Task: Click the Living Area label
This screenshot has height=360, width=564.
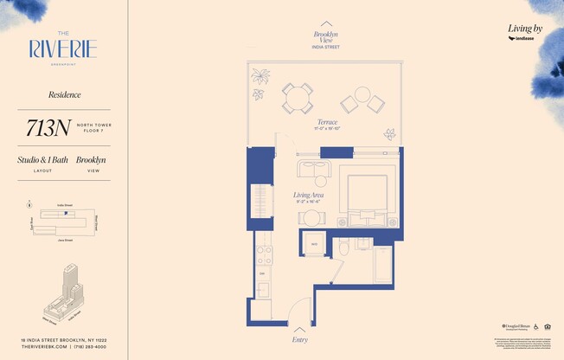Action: [x=309, y=196]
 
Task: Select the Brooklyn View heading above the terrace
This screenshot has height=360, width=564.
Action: [x=326, y=36]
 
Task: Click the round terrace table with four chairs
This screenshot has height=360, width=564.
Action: [x=298, y=98]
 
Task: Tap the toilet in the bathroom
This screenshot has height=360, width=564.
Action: [x=343, y=248]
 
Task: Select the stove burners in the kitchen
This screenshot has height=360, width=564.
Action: [x=264, y=254]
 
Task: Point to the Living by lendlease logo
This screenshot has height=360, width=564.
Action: [x=525, y=32]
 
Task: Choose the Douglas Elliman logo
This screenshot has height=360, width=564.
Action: [x=516, y=326]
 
